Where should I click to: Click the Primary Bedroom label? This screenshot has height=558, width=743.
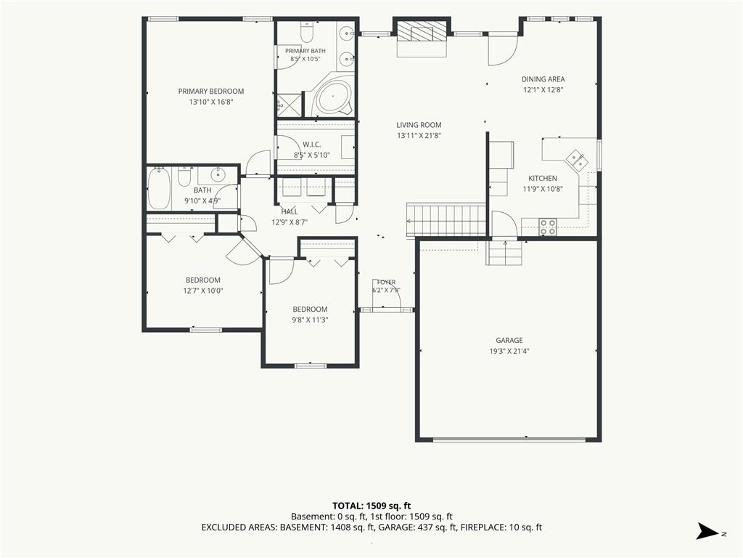[211, 91]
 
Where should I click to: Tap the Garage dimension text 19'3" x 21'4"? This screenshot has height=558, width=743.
[509, 351]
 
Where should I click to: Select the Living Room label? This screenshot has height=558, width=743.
[419, 125]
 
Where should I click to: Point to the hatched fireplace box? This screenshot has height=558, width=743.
[422, 31]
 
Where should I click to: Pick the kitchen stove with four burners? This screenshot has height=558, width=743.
[549, 227]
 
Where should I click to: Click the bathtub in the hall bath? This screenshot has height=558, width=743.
[159, 188]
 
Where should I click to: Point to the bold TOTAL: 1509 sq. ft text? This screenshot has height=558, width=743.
[371, 506]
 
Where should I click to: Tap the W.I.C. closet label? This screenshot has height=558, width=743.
[312, 145]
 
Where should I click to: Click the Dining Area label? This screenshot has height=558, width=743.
[543, 79]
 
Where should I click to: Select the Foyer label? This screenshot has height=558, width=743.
[387, 282]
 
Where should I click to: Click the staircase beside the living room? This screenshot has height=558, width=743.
[446, 219]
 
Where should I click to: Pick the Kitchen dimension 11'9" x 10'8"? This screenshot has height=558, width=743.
[543, 189]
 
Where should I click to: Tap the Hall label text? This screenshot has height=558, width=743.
[290, 211]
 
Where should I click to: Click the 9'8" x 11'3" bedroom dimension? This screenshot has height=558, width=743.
[310, 320]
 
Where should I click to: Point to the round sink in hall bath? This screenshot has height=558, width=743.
[218, 174]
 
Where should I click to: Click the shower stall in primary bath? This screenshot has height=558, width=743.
[289, 104]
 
